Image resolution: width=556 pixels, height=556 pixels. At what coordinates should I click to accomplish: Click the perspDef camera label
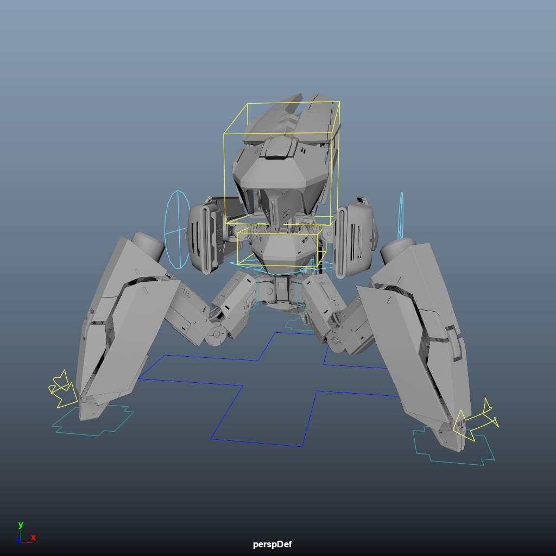[272, 544]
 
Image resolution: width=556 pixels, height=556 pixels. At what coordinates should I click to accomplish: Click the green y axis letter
[21, 525]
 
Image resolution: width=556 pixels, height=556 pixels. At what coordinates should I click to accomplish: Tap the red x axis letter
[34, 538]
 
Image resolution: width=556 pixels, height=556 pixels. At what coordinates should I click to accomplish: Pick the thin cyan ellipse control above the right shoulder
[401, 216]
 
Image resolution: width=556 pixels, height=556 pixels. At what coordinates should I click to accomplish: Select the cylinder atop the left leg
[148, 244]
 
